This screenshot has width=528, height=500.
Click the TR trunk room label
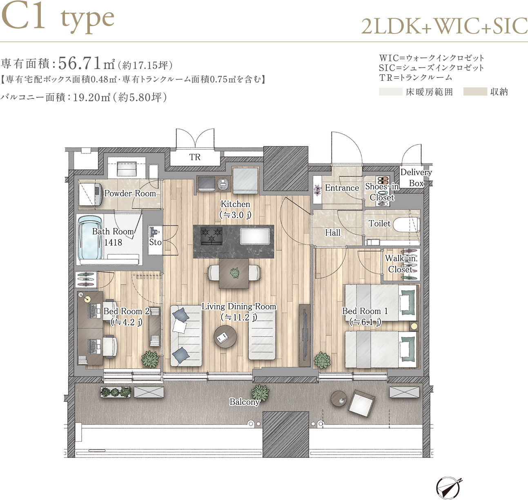coord(195,157)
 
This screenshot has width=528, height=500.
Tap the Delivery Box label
coord(416,178)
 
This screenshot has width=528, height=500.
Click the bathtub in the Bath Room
coord(90,238)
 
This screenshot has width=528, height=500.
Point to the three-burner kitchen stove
coord(212,236)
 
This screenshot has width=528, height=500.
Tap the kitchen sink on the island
coord(255,236)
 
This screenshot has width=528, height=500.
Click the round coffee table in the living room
coord(225,336)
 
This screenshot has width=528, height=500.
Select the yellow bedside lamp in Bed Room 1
coord(414,326)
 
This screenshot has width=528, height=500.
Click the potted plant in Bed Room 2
coord(150,359)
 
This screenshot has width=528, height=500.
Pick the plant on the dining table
coord(234,273)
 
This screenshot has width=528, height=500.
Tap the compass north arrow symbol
coord(448,488)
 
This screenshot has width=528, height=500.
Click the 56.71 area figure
coord(80,63)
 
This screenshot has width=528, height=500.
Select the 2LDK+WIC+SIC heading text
coord(444,26)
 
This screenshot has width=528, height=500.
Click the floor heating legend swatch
coord(391,91)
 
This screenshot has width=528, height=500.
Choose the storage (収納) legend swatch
coord(475,91)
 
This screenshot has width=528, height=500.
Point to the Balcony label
coord(244,402)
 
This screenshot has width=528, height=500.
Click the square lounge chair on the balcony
coord(361,402)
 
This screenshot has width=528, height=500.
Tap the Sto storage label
coord(155,242)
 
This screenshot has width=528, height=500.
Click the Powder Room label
coord(130,193)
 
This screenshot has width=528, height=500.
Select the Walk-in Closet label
coord(400,264)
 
